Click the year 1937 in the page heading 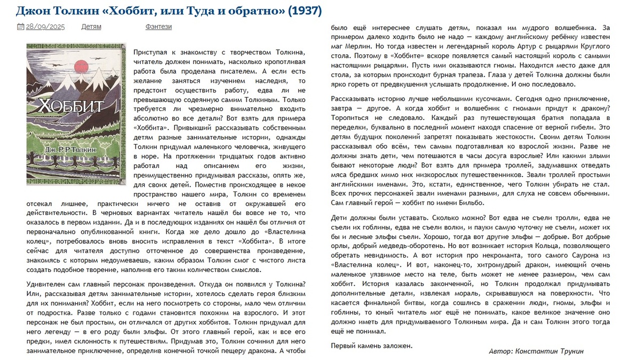point(306,11)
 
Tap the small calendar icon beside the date point(20,27)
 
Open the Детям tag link point(91,27)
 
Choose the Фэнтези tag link point(158,27)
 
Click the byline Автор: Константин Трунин point(536,351)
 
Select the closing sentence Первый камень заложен point(372,345)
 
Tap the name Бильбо point(470,203)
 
